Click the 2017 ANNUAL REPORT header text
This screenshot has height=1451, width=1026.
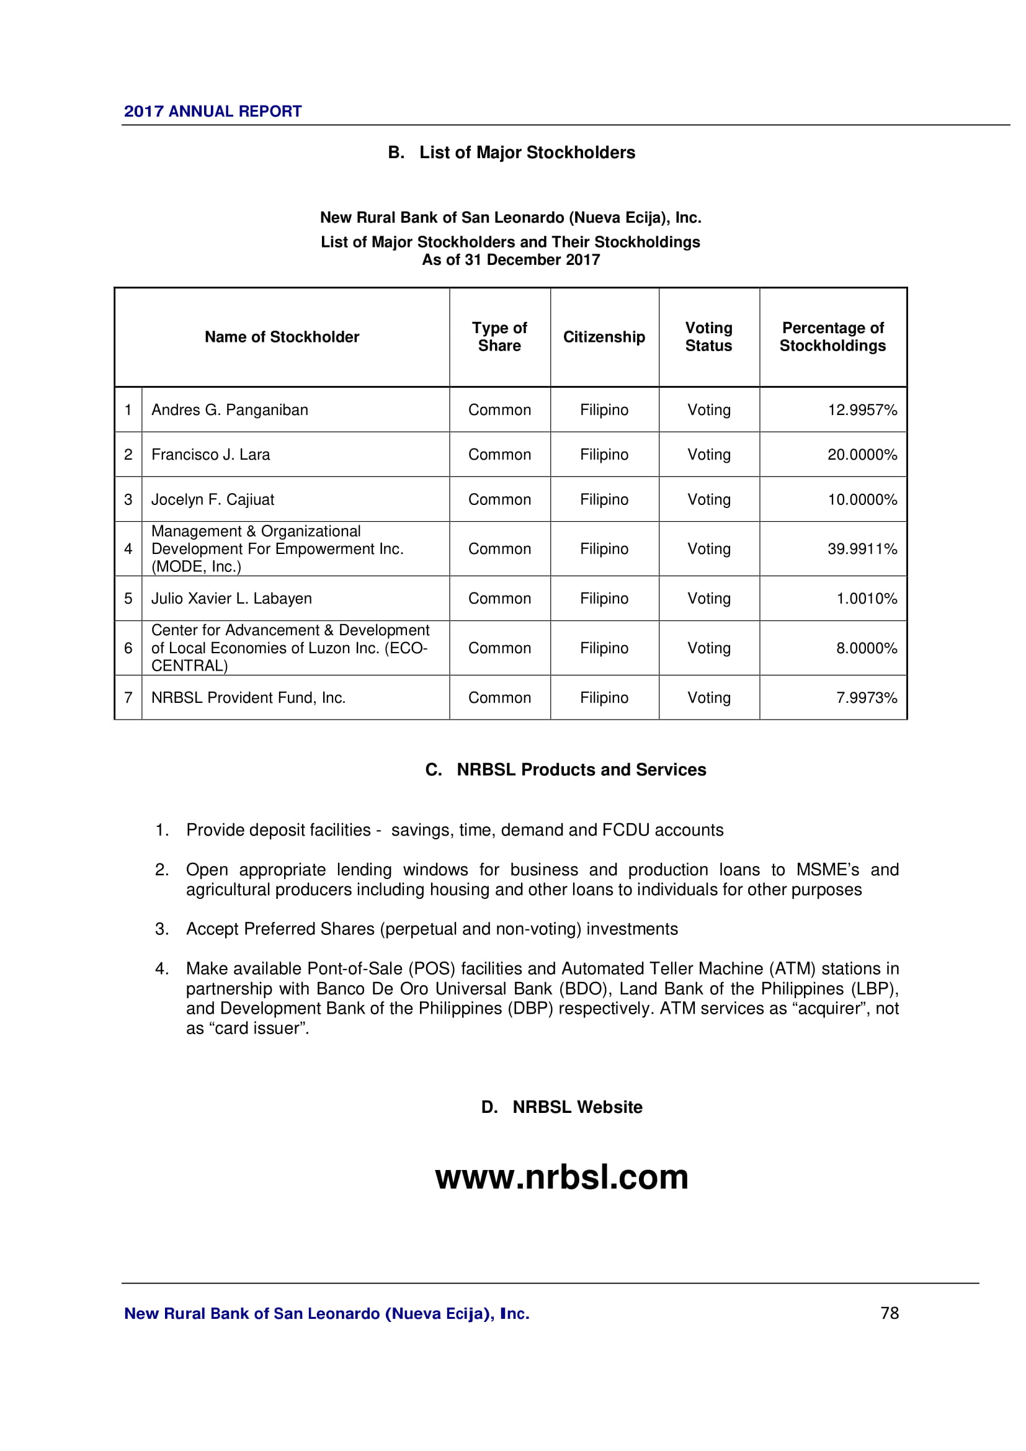pyautogui.click(x=212, y=111)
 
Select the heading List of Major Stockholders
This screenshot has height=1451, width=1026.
pyautogui.click(x=527, y=153)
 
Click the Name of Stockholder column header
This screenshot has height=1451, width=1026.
pyautogui.click(x=282, y=337)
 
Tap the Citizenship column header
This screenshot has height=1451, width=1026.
pyautogui.click(x=604, y=337)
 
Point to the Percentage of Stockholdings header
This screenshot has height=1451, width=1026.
pyautogui.click(x=832, y=337)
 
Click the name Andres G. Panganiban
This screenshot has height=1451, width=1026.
pyautogui.click(x=230, y=410)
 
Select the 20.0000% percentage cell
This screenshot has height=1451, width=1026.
pyautogui.click(x=862, y=454)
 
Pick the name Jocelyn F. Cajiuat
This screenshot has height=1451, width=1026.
pyautogui.click(x=213, y=499)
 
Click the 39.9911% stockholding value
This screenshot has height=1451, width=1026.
pyautogui.click(x=862, y=548)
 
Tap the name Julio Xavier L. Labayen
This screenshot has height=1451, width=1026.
pyautogui.click(x=231, y=599)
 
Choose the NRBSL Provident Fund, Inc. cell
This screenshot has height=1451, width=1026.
pyautogui.click(x=248, y=698)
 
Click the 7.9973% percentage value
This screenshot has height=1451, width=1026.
pyautogui.click(x=866, y=698)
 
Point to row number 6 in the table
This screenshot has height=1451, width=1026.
pyautogui.click(x=128, y=648)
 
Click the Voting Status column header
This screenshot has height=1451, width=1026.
pyautogui.click(x=709, y=337)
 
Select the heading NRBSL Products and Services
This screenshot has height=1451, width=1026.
pyautogui.click(x=581, y=770)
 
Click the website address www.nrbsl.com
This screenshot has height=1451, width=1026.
pyautogui.click(x=561, y=1177)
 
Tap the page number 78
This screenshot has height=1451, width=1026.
pyautogui.click(x=890, y=1313)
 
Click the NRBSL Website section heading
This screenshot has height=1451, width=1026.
pyautogui.click(x=577, y=1107)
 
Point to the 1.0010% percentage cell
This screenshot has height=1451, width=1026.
pyautogui.click(x=866, y=599)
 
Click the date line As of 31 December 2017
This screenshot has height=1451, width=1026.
pyautogui.click(x=511, y=260)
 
